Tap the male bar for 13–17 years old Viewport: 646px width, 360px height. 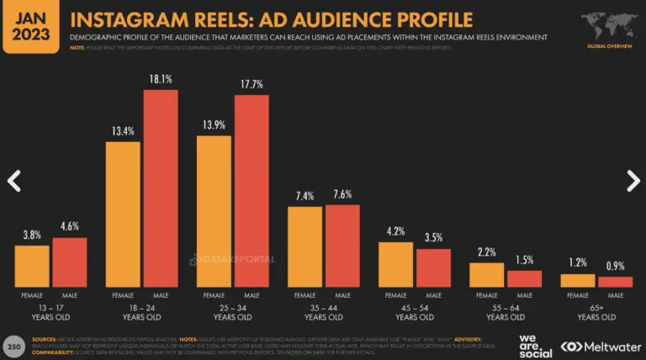(70, 262)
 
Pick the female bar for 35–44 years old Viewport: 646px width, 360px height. (304, 246)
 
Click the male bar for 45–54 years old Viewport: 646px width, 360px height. (433, 267)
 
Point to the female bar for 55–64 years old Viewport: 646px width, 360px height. (486, 275)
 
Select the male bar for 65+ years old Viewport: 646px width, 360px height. (615, 282)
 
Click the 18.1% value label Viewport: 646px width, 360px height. (160, 81)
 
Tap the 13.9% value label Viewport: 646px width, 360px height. (214, 124)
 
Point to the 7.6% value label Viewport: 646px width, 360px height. (342, 195)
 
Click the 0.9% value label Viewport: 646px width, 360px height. (616, 267)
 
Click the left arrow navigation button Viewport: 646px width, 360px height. (13, 180)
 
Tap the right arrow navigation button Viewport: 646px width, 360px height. (633, 180)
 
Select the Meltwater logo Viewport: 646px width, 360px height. (601, 346)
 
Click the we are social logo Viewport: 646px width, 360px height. (529, 345)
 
